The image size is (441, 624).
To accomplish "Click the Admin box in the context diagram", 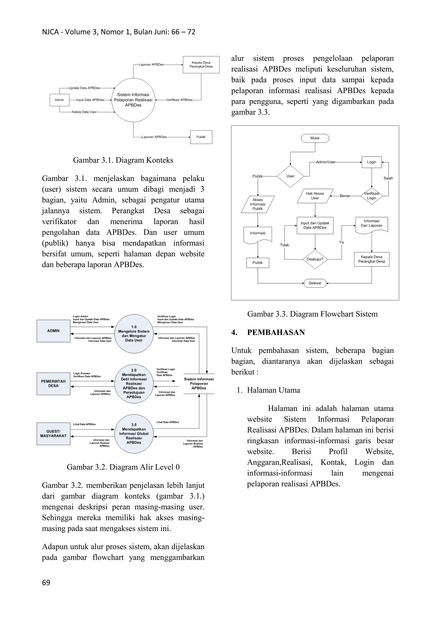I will (x=59, y=100).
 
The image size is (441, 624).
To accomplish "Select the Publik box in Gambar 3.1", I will (x=201, y=137).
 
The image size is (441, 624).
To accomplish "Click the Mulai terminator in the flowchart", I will (x=315, y=138).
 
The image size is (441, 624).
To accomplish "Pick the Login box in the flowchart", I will (x=371, y=162).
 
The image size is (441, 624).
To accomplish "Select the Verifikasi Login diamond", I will (x=371, y=196).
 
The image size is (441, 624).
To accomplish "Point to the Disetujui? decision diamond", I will (x=315, y=259).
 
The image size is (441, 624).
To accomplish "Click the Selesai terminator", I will (x=315, y=283).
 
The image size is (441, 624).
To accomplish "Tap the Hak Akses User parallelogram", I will (x=315, y=196).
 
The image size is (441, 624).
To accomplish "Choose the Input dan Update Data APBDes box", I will (x=315, y=225).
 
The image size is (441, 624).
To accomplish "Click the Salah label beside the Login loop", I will (x=388, y=178).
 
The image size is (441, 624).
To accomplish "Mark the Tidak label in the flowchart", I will (x=284, y=245).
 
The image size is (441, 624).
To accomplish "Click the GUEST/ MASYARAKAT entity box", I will (x=54, y=434).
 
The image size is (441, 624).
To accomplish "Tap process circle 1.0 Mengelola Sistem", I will (x=134, y=333).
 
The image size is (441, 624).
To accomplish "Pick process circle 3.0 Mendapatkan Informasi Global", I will (x=134, y=434).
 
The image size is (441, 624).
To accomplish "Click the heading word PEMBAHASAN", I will (x=276, y=332).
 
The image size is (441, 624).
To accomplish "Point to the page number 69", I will (x=46, y=582).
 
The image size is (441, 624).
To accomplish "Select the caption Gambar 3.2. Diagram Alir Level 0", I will (x=123, y=467).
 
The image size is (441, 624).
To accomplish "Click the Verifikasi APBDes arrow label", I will (x=179, y=100).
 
